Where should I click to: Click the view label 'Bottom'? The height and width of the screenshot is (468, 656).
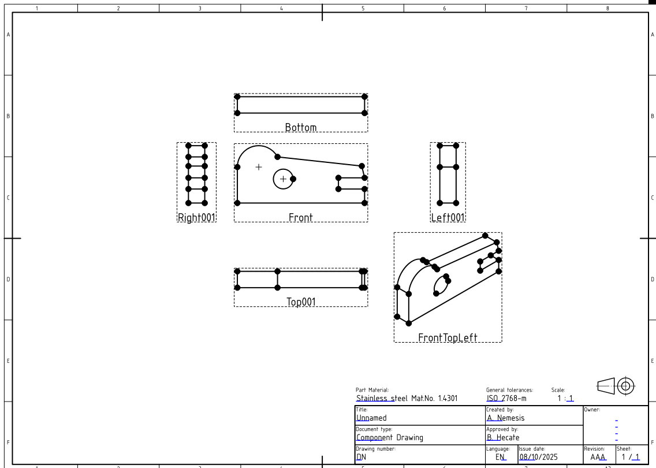[300, 128]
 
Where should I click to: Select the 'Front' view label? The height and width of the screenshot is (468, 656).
[300, 218]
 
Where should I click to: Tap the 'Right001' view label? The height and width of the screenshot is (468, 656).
[196, 218]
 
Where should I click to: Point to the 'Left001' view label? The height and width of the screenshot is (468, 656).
[448, 218]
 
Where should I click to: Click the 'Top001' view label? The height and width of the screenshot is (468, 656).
[300, 302]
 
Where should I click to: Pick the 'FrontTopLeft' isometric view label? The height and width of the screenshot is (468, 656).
[448, 338]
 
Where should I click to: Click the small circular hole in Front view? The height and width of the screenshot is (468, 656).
[282, 179]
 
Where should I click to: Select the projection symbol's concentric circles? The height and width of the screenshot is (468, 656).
[625, 385]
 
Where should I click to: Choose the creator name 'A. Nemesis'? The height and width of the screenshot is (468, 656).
[505, 418]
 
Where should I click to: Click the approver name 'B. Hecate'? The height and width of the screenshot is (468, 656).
[502, 438]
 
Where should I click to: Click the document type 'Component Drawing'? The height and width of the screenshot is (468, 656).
[389, 438]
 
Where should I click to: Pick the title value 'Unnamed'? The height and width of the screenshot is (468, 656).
[371, 418]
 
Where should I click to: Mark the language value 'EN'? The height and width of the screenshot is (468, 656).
[500, 457]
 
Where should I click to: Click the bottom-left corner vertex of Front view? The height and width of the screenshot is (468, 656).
[237, 203]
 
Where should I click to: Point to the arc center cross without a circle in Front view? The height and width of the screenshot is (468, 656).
[259, 167]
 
